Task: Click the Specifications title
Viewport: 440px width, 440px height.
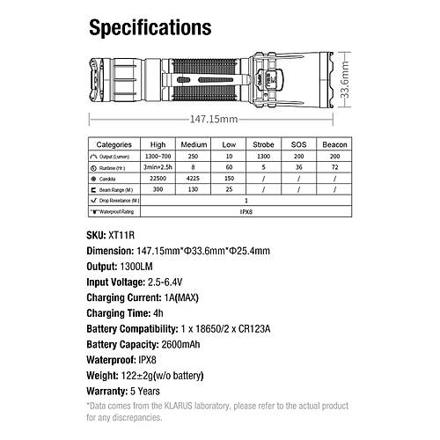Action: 150,26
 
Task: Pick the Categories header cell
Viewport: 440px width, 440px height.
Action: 114,143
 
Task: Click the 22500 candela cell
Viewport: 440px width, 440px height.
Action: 158,177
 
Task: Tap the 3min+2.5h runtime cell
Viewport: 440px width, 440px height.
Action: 158,165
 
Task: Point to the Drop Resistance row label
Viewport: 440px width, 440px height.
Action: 118,200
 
